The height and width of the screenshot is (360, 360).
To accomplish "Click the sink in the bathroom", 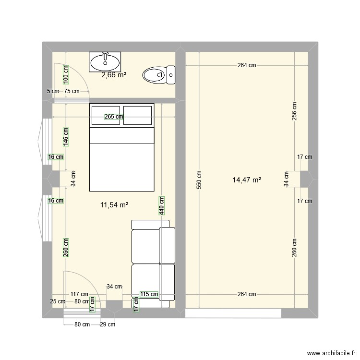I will coord(105,61).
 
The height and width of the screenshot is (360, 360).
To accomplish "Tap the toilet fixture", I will coord(159,75).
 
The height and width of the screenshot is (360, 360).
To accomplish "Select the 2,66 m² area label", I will coord(114,75).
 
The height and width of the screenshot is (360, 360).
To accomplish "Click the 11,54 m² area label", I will coord(114,205).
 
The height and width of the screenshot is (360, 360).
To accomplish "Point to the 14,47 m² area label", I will coord(246,180).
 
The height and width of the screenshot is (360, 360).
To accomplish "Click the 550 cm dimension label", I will coord(199,180).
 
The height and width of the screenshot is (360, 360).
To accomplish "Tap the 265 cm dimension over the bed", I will coord(113,116).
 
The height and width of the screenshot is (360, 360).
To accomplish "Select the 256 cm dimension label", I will coord(294,111).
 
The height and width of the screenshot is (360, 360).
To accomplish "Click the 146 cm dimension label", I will coord(66,136).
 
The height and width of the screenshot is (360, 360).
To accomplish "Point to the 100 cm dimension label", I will coord(66,73).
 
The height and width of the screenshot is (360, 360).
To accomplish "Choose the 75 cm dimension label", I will coord(72,91).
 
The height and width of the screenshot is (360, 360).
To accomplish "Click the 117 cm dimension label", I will coord(78,294).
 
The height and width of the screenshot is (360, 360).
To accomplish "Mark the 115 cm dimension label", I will coord(149,294).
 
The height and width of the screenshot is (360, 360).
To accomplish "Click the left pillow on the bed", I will coord(105,115).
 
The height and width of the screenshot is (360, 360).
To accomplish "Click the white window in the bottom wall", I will coord(233,313).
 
